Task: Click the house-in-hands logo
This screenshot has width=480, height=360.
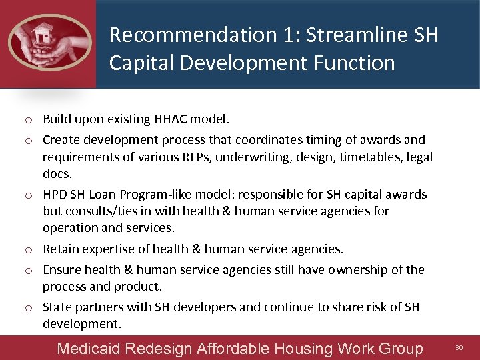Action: (x=49, y=41)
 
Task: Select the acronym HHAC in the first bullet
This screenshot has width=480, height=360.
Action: (x=170, y=119)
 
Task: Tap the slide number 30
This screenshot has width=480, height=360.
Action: (x=459, y=347)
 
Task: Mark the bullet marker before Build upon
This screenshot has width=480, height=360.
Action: (x=31, y=120)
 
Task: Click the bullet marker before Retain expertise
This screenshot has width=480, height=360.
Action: (x=31, y=250)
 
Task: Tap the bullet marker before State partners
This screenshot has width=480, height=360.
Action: (x=31, y=308)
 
